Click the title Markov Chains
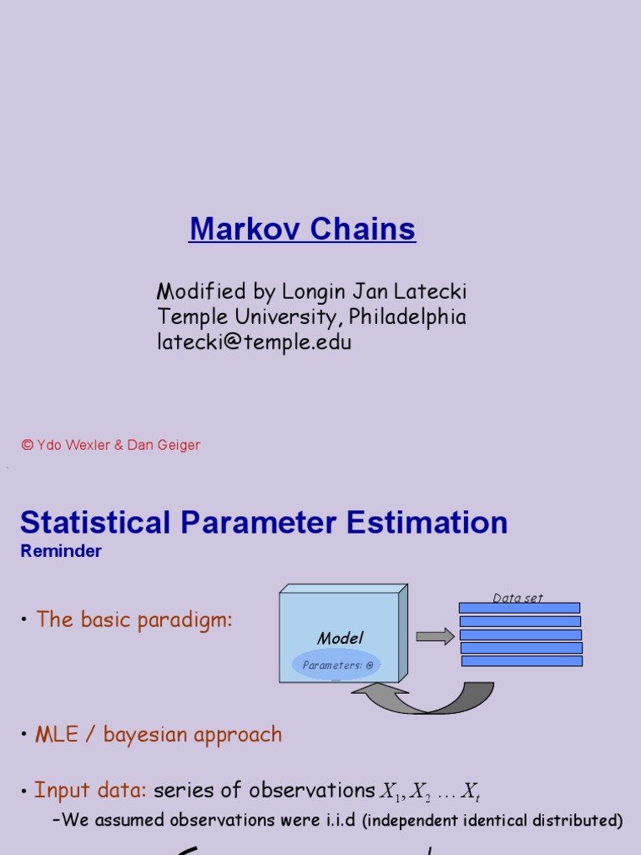point(302,229)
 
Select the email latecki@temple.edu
point(255,342)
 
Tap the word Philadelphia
point(407,317)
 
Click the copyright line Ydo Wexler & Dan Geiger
point(111,445)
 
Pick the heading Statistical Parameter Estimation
point(264,523)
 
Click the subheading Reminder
point(61,551)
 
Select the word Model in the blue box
point(341,639)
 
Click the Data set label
point(517,598)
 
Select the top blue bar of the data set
point(519,609)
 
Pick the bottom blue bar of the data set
point(522,660)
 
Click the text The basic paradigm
point(134,620)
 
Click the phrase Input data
point(90,790)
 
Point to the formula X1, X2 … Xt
point(431,791)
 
